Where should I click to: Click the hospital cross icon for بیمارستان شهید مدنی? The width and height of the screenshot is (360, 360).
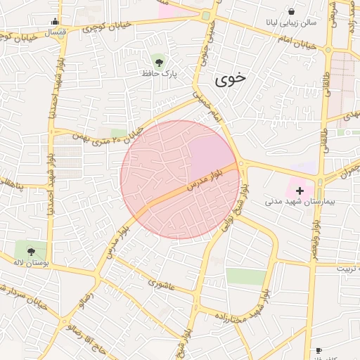point(300,191)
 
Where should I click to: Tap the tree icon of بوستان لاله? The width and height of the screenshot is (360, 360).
point(30,250)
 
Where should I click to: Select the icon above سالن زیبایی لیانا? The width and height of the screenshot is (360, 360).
point(291,11)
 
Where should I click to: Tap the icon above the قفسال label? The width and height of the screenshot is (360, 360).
point(56,21)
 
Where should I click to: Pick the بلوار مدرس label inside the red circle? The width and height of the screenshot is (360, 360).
point(204,180)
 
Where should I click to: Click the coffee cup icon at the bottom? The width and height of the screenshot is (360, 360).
point(318,350)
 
